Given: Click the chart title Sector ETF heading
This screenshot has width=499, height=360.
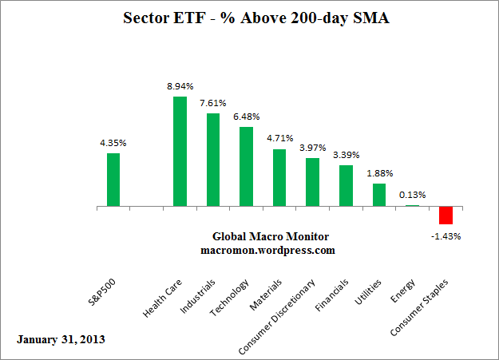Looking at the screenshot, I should point(249,18).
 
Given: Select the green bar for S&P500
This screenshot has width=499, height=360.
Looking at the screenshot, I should point(113,180).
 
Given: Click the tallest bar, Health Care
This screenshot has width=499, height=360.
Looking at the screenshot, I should point(180,152).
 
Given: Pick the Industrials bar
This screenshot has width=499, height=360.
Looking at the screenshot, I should point(213,160).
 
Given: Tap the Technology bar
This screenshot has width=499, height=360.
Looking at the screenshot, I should point(246,167).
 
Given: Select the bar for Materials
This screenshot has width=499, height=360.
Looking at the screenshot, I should point(279,178).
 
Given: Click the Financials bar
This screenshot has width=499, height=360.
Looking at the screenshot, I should point(346,186).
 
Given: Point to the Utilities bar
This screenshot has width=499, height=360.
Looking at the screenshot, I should point(379,195).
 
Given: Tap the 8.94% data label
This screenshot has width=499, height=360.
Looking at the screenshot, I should point(180,85).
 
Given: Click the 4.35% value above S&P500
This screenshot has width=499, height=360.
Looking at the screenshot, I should point(113,142).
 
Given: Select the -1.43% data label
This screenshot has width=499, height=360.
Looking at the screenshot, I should point(446,236).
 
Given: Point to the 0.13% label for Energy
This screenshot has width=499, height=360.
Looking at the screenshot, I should point(413,194).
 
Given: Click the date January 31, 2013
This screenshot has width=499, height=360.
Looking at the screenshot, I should point(60,339).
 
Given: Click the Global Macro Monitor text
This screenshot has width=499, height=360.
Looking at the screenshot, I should point(271,236).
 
